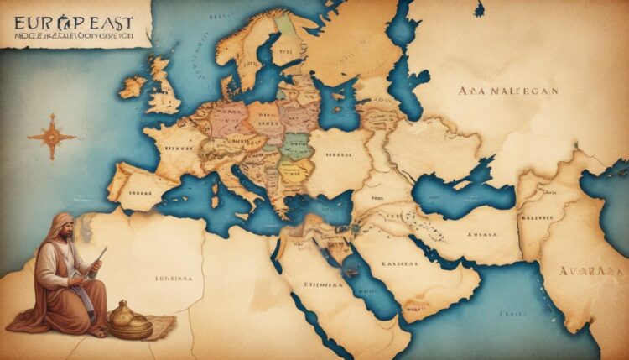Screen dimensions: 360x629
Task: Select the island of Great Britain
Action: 161,84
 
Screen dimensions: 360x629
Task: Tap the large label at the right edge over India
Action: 592,271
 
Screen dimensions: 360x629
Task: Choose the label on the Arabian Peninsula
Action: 401,263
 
